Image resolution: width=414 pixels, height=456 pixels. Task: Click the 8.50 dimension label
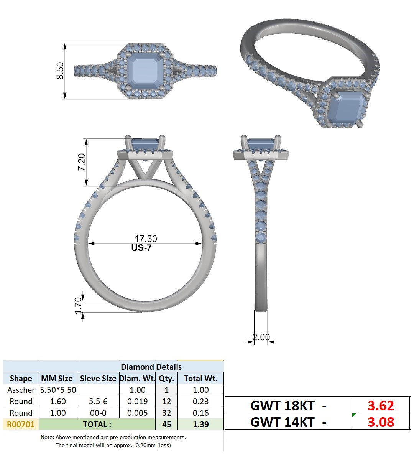pyautogui.click(x=60, y=71)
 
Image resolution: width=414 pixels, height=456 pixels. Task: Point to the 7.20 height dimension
pyautogui.click(x=81, y=162)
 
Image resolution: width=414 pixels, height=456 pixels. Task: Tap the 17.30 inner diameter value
pyautogui.click(x=146, y=239)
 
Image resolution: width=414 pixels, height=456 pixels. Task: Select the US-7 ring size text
pyautogui.click(x=141, y=248)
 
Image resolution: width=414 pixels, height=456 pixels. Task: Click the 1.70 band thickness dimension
pyautogui.click(x=78, y=306)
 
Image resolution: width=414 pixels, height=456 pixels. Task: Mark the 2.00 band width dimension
pyautogui.click(x=261, y=337)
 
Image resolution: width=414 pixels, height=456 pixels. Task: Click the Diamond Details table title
pyautogui.click(x=151, y=367)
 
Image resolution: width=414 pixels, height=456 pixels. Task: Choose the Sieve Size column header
pyautogui.click(x=98, y=379)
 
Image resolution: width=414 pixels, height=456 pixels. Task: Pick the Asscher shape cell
pyautogui.click(x=21, y=390)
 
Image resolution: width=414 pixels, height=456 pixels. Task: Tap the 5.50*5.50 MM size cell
pyautogui.click(x=58, y=390)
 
